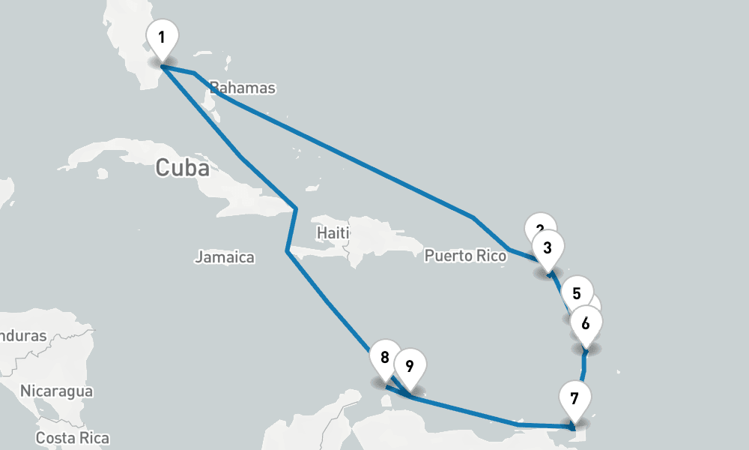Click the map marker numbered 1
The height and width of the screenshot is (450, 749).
pyautogui.click(x=163, y=37)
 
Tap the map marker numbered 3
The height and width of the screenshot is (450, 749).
pyautogui.click(x=548, y=247)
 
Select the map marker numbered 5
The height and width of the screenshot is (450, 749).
pyautogui.click(x=577, y=293)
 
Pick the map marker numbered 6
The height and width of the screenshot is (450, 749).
pyautogui.click(x=586, y=324)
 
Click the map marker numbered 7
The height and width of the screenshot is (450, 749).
pyautogui.click(x=574, y=398)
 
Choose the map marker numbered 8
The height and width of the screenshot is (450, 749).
pyautogui.click(x=385, y=358)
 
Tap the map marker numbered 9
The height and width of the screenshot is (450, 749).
pyautogui.click(x=410, y=366)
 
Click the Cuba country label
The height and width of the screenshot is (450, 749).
pyautogui.click(x=182, y=167)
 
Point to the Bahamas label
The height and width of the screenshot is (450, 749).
pyautogui.click(x=243, y=88)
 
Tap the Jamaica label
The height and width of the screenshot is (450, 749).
pyautogui.click(x=225, y=257)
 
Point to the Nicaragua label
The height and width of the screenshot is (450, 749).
pyautogui.click(x=56, y=391)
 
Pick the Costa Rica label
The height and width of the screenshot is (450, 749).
pyautogui.click(x=73, y=438)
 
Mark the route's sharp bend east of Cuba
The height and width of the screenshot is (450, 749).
pyautogui.click(x=296, y=207)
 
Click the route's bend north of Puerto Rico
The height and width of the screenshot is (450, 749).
pyautogui.click(x=473, y=217)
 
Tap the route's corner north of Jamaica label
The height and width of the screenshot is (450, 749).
pyautogui.click(x=287, y=251)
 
